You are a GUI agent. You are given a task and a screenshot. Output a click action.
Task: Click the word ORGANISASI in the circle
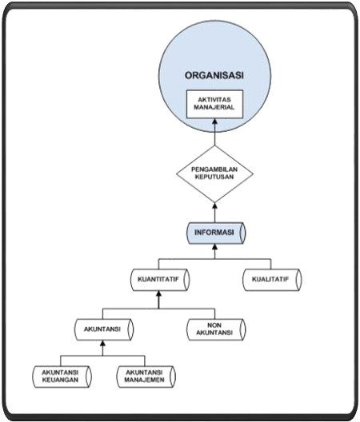214,75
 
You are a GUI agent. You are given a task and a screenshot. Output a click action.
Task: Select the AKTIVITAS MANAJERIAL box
214,104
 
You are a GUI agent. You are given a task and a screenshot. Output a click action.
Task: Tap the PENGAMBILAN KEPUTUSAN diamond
214,174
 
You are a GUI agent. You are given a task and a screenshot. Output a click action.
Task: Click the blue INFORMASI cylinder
216,233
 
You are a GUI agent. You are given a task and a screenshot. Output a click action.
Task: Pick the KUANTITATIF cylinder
160,280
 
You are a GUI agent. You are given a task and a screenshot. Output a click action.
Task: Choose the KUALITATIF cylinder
272,280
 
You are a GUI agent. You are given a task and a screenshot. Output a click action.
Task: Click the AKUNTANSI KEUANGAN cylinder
62,376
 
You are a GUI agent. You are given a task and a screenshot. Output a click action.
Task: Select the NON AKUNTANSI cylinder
216,329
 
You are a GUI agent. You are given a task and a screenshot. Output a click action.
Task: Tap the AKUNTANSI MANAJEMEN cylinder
146,376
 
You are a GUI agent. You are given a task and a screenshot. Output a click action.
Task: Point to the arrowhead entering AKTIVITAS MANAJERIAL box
214,121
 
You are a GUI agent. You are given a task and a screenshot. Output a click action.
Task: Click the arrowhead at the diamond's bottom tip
214,205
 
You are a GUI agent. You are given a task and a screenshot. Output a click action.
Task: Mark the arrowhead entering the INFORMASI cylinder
214,247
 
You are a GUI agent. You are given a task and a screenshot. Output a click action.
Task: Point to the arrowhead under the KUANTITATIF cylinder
158,293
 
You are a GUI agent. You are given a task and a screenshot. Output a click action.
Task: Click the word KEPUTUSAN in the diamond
214,177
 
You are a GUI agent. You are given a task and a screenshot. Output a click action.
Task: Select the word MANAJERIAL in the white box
214,107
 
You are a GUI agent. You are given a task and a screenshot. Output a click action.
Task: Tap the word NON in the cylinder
214,325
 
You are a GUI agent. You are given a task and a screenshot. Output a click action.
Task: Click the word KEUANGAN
60,380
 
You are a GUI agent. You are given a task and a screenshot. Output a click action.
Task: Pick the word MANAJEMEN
145,380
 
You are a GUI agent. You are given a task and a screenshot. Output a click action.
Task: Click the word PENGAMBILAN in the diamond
214,169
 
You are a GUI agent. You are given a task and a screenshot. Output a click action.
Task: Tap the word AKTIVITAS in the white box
214,100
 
